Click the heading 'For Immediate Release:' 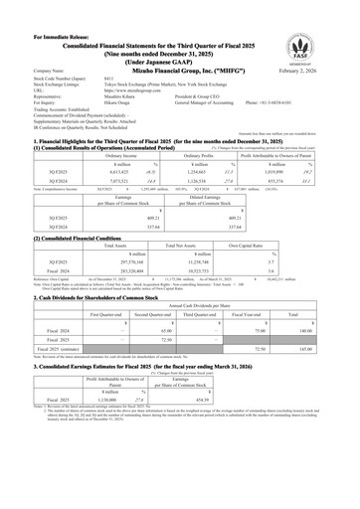point(40,7)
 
